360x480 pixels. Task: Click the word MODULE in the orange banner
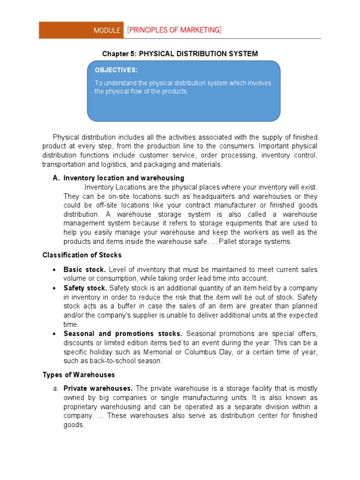coord(107,30)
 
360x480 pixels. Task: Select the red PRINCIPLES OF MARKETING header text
coord(174,30)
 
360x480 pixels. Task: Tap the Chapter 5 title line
coord(180,54)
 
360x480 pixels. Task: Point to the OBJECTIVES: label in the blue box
coord(116,70)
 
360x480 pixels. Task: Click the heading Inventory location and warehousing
coord(124,178)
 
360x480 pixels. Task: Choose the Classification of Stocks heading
coord(82,255)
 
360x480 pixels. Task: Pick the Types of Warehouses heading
coord(79,375)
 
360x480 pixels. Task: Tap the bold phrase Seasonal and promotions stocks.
coord(123,334)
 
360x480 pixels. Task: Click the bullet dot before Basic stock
coord(55,270)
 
